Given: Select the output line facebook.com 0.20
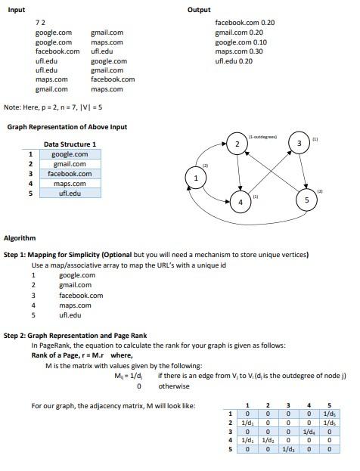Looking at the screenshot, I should click(x=244, y=23).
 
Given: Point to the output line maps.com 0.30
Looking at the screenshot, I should click(x=239, y=51).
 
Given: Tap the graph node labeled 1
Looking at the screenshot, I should click(x=197, y=178).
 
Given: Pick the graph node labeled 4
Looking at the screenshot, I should click(x=240, y=202).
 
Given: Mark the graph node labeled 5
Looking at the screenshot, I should click(x=306, y=200).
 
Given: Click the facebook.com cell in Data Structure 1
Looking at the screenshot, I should click(x=70, y=174).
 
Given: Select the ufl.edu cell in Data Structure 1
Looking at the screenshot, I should click(x=70, y=194).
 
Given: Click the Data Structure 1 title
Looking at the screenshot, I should click(x=70, y=144).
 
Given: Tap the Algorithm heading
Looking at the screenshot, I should click(x=20, y=239).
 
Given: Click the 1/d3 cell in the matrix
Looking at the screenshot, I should click(x=287, y=449).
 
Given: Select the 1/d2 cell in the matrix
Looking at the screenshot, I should click(x=268, y=440).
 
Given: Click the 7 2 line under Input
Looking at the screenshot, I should click(x=41, y=23).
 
